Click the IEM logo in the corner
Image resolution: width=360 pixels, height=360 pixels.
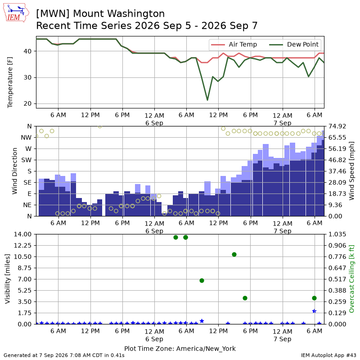click(x=16, y=13)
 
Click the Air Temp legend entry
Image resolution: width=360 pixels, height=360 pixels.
click(x=234, y=45)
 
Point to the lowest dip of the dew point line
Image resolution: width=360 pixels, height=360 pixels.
click(x=207, y=100)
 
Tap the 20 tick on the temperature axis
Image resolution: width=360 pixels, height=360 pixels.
click(x=27, y=104)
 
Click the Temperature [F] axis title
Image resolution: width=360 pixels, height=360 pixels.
click(x=9, y=82)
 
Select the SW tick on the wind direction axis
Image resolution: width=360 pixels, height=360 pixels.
click(x=26, y=160)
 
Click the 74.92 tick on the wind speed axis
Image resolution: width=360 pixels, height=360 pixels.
click(x=337, y=126)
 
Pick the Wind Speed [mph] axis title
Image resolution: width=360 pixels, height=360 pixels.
click(x=351, y=171)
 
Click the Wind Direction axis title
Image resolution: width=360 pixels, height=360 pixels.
click(x=15, y=171)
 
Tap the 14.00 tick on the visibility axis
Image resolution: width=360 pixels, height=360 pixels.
click(x=22, y=234)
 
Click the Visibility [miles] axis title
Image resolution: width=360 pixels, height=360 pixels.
click(x=7, y=279)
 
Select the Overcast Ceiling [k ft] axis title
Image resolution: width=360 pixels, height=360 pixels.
click(x=351, y=279)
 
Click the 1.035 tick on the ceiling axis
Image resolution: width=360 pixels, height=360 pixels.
click(x=337, y=234)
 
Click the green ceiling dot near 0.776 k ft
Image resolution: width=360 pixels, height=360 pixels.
click(x=234, y=254)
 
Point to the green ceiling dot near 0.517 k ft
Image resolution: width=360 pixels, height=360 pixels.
click(x=202, y=280)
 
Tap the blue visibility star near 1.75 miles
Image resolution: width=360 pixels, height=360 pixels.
click(x=314, y=311)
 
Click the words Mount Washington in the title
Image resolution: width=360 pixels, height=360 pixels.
click(x=118, y=13)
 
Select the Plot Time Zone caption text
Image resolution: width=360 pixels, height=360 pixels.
click(x=180, y=349)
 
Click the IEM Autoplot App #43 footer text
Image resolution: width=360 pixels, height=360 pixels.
click(x=328, y=355)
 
